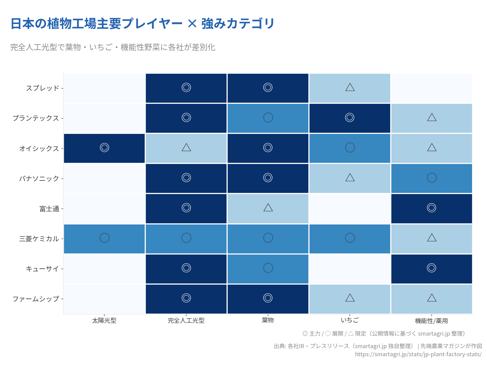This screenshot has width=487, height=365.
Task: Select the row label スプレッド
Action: [43, 88]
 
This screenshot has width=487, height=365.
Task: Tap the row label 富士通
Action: [49, 209]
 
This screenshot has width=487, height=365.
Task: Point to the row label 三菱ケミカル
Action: [39, 239]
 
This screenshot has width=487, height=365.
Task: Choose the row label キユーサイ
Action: [43, 269]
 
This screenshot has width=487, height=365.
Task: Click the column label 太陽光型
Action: [104, 320]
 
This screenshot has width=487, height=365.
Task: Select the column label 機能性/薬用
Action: [432, 321]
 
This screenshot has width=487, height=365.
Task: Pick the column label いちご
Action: [350, 320]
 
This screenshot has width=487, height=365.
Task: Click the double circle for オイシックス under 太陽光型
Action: [105, 148]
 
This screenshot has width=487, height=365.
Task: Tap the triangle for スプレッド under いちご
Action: [350, 88]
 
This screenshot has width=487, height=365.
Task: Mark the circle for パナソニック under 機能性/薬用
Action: [432, 178]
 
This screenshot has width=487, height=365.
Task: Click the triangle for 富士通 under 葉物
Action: [268, 208]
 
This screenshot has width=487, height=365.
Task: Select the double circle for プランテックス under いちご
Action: [350, 118]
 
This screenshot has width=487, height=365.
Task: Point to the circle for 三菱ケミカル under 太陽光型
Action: [105, 238]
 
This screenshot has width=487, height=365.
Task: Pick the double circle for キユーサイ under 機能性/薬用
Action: [432, 268]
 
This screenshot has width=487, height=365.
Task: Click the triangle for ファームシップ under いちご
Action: [350, 298]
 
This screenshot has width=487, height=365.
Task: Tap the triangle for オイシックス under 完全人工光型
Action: [186, 147]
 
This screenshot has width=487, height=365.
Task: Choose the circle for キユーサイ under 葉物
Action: [268, 268]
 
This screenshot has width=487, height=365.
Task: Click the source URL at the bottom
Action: [418, 354]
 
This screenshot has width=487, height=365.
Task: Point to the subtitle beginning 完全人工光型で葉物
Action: [113, 47]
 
